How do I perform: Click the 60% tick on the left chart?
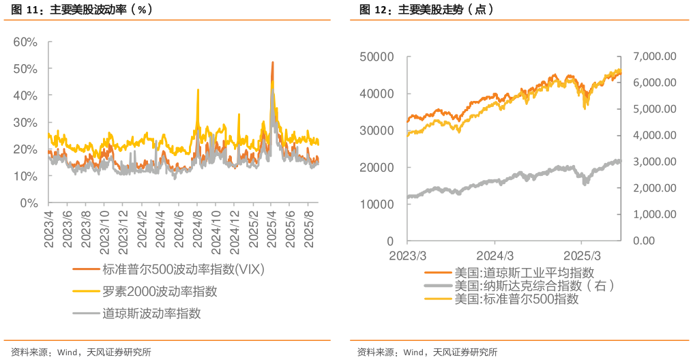pyautogui.click(x=25, y=42)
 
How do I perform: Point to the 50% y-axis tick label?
pyautogui.click(x=25, y=69)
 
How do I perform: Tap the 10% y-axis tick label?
pyautogui.click(x=25, y=176)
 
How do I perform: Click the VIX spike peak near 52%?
pyautogui.click(x=273, y=62)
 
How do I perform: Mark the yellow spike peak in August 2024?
pyautogui.click(x=198, y=89)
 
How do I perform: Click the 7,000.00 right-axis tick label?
pyautogui.click(x=654, y=56)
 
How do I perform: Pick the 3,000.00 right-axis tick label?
pyautogui.click(x=654, y=162)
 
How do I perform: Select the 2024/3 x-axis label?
pyautogui.click(x=495, y=255)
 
